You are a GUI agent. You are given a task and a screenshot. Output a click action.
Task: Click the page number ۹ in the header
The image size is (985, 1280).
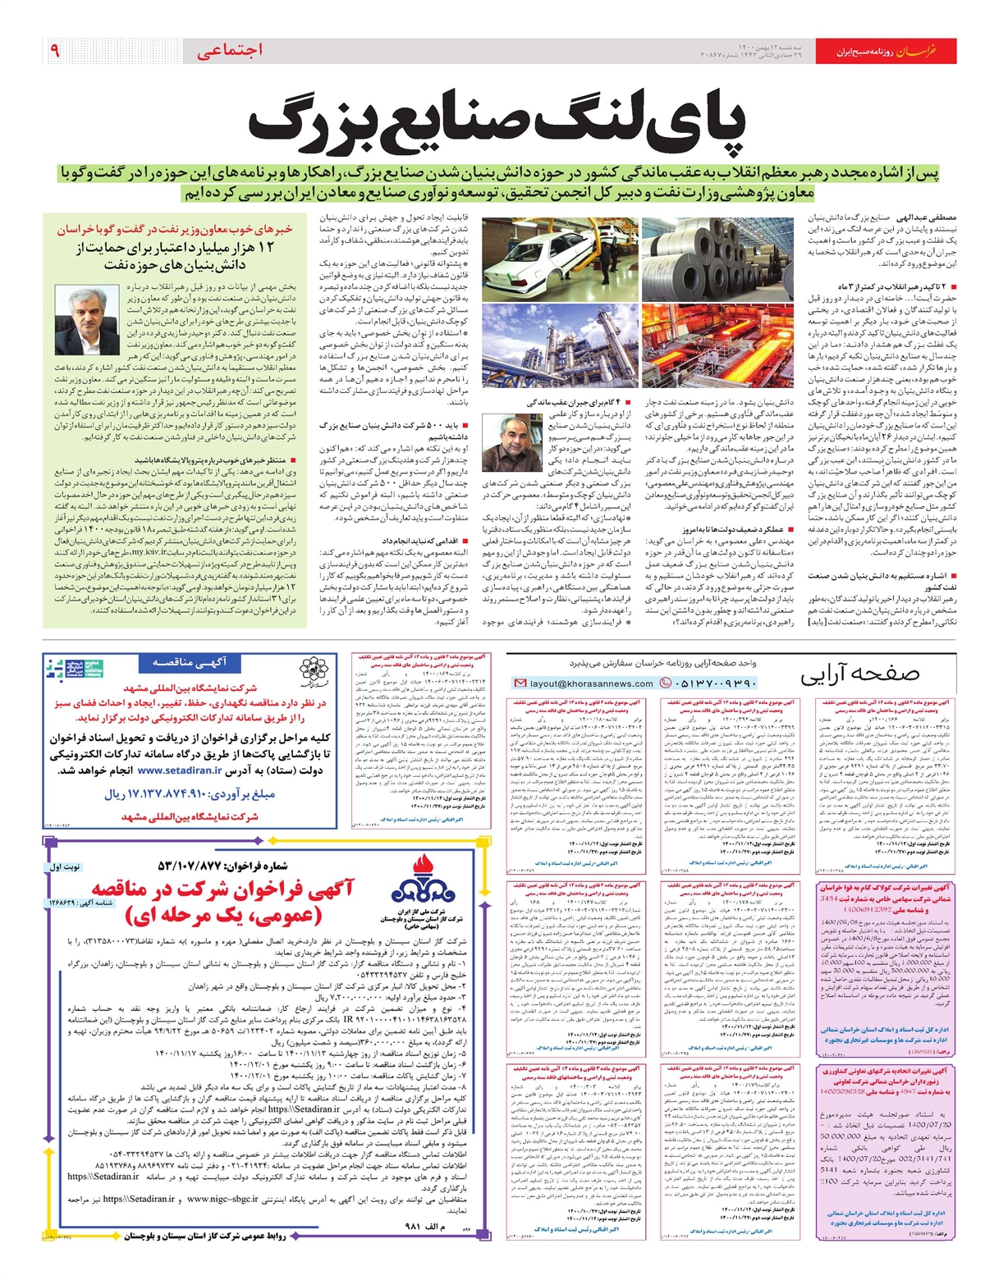pyautogui.click(x=55, y=51)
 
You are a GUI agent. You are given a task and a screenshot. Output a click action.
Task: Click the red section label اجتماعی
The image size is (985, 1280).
pyautogui.click(x=230, y=51)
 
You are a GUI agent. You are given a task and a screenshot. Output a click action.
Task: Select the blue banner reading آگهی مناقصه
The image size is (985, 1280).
pyautogui.click(x=190, y=662)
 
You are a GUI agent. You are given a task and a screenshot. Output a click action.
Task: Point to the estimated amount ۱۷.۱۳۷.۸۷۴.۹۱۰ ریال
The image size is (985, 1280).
pyautogui.click(x=190, y=794)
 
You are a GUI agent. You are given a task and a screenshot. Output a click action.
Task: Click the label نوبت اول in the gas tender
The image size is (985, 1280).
pyautogui.click(x=66, y=866)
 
